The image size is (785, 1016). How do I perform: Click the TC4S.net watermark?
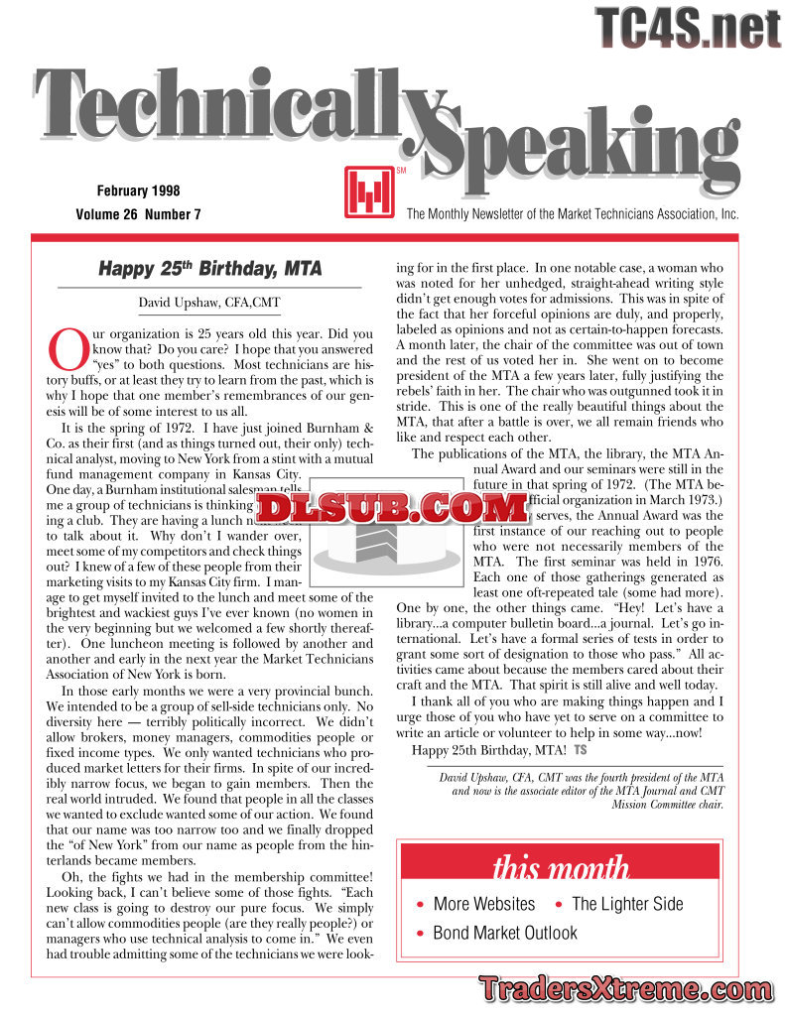point(689,27)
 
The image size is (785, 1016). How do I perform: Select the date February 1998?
point(138,190)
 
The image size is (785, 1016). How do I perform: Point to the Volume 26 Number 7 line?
point(138,214)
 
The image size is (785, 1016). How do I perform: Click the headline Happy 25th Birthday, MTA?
point(209,269)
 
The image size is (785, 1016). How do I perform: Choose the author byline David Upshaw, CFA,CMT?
point(209,302)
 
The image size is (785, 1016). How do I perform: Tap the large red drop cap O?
point(66,348)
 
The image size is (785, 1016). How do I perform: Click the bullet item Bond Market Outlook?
point(505,933)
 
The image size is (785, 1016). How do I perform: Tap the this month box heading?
point(560,868)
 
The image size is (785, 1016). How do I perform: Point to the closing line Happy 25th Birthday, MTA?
point(489,749)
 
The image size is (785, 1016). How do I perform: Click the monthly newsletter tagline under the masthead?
point(573,214)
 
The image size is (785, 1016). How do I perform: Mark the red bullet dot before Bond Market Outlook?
point(422,934)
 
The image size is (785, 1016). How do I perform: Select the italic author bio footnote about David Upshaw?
point(581,791)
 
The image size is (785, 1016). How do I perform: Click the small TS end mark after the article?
point(581,749)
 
